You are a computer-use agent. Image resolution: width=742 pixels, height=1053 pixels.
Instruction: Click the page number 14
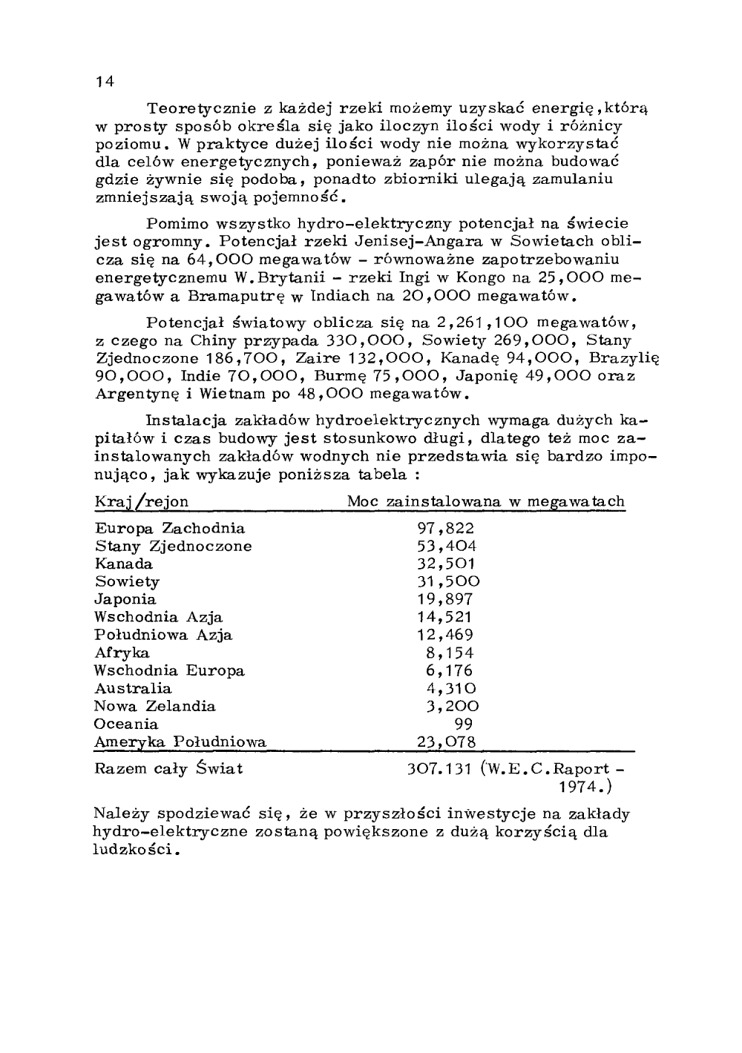click(103, 82)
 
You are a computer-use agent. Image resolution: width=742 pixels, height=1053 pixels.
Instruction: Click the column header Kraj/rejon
click(142, 502)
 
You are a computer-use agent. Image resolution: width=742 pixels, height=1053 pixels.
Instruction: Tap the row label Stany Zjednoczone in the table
click(173, 547)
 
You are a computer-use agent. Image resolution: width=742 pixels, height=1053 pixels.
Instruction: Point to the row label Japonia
click(125, 599)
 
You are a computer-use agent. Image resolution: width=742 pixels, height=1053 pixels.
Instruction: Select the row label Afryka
click(122, 653)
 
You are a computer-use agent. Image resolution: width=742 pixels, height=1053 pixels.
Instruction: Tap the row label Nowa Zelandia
click(155, 707)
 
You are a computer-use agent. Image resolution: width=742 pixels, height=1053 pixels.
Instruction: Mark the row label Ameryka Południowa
click(180, 742)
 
